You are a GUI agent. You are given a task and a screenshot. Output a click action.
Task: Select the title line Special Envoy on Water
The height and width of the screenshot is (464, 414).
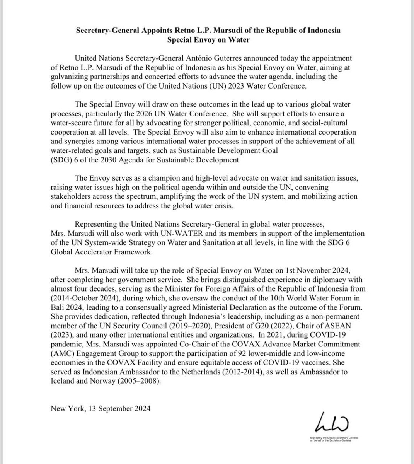click(x=207, y=39)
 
